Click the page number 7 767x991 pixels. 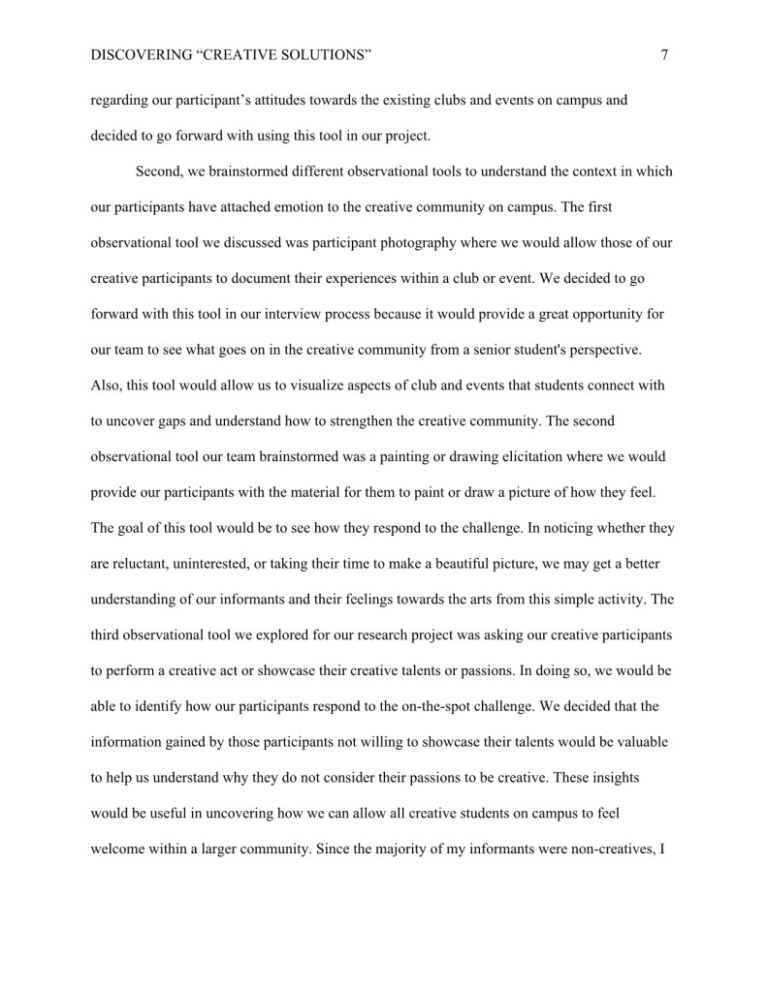point(664,56)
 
